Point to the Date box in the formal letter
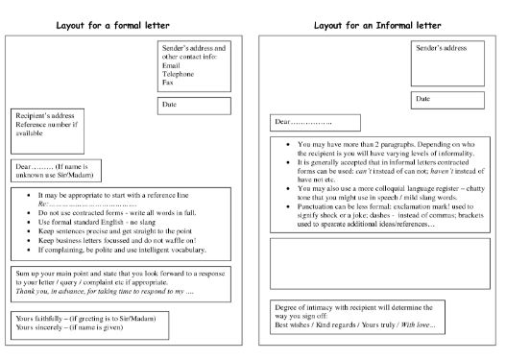[195, 105]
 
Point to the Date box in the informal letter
[446, 98]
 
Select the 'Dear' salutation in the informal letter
[303, 123]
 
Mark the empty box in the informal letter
[379, 262]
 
